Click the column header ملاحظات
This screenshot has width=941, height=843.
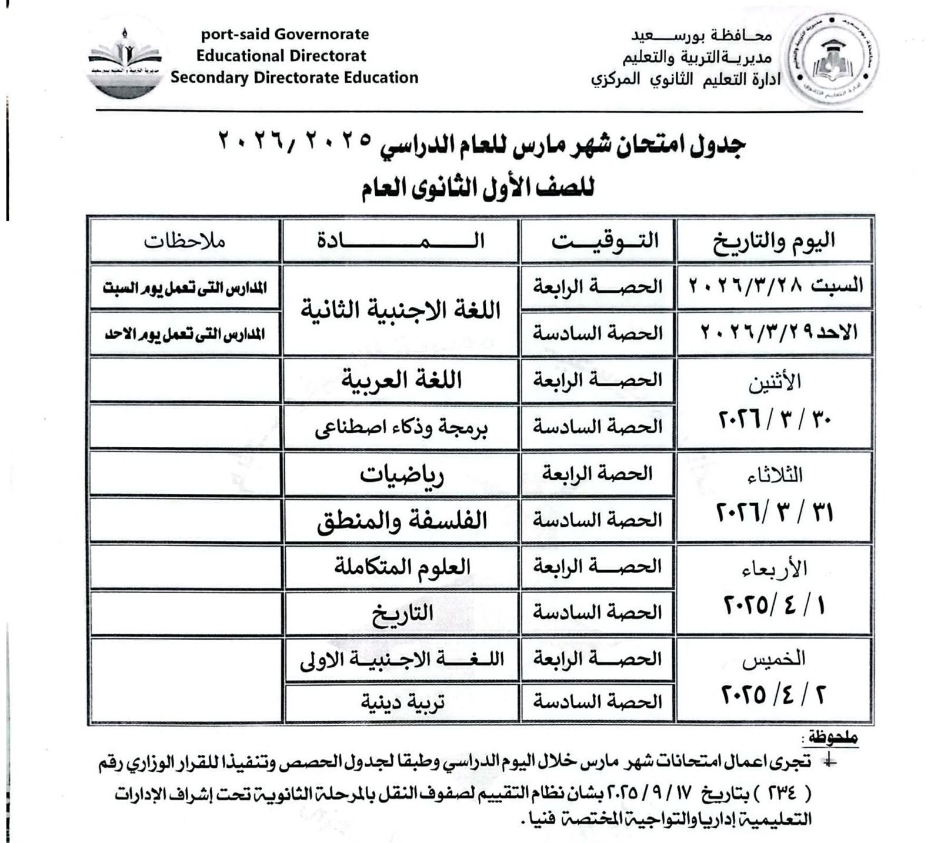coord(185,241)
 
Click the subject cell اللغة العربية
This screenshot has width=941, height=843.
coord(402,380)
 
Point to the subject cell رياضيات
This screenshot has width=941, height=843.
coord(402,474)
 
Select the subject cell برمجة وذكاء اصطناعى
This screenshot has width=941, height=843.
coord(402,427)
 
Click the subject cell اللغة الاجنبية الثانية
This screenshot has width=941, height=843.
coord(401,310)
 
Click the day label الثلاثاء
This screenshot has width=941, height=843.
coord(774,475)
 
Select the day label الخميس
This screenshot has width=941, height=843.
coord(773,660)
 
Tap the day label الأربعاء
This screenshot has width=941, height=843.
coord(774,568)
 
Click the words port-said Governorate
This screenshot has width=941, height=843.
coord(285,34)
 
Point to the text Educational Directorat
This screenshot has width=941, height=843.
coord(281,56)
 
